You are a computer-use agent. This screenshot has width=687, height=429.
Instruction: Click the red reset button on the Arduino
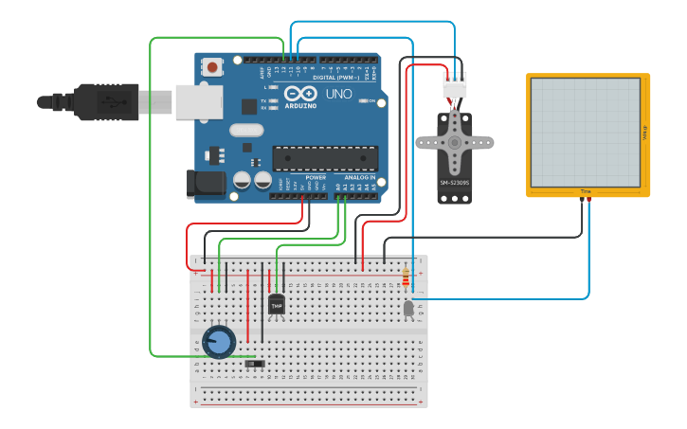[x=212, y=67]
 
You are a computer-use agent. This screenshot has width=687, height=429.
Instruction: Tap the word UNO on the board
[x=338, y=95]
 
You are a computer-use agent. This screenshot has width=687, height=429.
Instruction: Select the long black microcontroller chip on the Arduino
[x=325, y=158]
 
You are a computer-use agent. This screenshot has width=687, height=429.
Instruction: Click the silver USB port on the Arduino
[x=199, y=102]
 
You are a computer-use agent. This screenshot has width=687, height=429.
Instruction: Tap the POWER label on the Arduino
[x=316, y=177]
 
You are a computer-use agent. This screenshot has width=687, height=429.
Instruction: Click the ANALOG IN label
[x=359, y=177]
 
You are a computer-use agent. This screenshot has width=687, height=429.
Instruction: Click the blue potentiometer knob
[x=219, y=342]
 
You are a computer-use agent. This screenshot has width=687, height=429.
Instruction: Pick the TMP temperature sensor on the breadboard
[x=276, y=305]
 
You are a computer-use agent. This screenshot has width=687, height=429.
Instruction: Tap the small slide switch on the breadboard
[x=254, y=363]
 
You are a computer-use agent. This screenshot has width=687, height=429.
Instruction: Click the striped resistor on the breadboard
[x=407, y=277]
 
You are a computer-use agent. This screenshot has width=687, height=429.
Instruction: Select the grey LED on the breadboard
[x=408, y=308]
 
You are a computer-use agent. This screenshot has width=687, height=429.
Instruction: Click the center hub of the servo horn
[x=455, y=142]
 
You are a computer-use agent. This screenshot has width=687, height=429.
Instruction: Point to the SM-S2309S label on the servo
[x=454, y=182]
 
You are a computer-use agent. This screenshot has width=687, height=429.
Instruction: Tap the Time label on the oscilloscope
[x=586, y=192]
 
